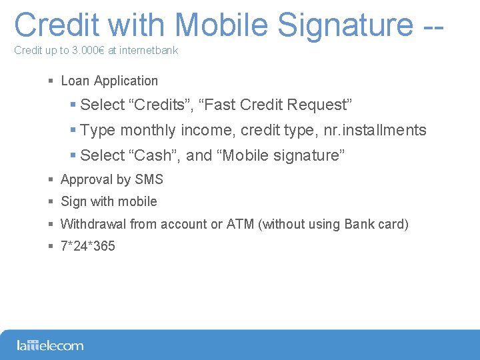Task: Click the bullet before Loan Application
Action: (51, 81)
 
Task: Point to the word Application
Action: (126, 81)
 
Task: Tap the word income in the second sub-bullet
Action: (205, 130)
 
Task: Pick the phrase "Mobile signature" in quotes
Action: (281, 155)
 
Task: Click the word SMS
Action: (149, 179)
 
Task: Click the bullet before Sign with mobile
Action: (51, 202)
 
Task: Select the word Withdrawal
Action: (93, 224)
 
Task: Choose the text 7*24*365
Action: (88, 247)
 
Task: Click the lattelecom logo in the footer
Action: (50, 345)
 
